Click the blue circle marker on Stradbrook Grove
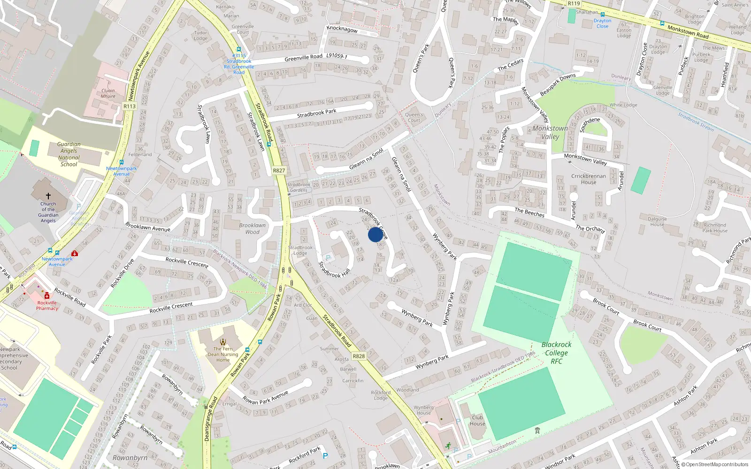point(375,234)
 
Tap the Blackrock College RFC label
point(557,353)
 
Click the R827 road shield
point(279,171)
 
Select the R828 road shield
point(359,356)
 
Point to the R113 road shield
point(130,106)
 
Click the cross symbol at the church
point(48,196)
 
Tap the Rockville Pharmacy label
point(47,305)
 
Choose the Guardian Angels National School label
point(69,154)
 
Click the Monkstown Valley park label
point(550,132)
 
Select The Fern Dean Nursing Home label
point(223,354)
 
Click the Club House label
point(477,420)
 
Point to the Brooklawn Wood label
point(252,228)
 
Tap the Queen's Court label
point(414,117)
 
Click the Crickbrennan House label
point(589,179)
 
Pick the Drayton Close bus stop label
point(602,23)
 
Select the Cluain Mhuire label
point(108,93)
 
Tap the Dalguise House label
point(657,221)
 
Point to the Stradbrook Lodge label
point(300,250)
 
